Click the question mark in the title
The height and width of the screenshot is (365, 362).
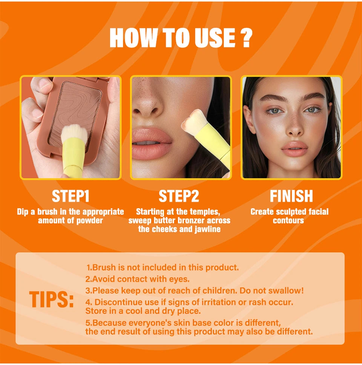pyautogui.click(x=245, y=38)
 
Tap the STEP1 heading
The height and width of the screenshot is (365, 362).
pyautogui.click(x=71, y=196)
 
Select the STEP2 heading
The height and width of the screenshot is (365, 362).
pyautogui.click(x=179, y=196)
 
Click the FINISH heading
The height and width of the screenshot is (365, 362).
pyautogui.click(x=291, y=196)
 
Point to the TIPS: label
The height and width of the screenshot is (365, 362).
pyautogui.click(x=52, y=300)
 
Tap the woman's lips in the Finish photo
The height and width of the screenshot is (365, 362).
pyautogui.click(x=294, y=148)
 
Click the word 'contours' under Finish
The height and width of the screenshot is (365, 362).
pyautogui.click(x=288, y=221)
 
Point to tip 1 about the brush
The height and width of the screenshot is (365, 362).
pyautogui.click(x=163, y=268)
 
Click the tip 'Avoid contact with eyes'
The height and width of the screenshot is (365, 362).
pyautogui.click(x=137, y=279)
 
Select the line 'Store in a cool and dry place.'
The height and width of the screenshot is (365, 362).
pyautogui.click(x=143, y=311)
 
